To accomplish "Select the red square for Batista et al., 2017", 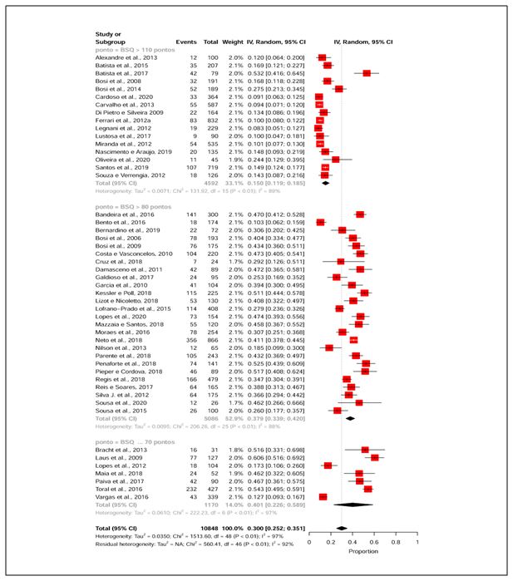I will [x=367, y=73].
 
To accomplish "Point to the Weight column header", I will [x=233, y=41].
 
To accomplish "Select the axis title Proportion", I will [x=363, y=552].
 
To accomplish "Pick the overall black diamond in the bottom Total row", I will [x=341, y=528].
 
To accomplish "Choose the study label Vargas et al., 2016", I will [x=119, y=496].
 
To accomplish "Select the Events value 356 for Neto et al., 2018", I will [x=188, y=340].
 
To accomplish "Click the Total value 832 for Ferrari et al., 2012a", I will [x=211, y=121].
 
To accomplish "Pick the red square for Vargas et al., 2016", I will [x=323, y=496].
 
